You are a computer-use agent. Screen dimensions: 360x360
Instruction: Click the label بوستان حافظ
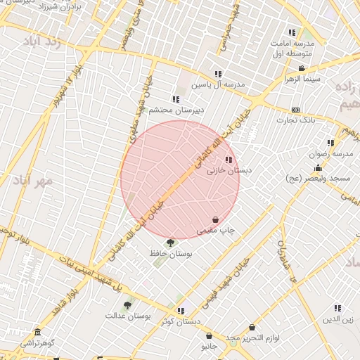coord(172,253)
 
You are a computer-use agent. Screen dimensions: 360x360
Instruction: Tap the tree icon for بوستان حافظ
coord(170,243)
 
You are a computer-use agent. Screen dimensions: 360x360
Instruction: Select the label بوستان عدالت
coord(129,316)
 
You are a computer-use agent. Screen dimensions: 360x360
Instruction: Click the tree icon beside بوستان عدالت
coord(127,305)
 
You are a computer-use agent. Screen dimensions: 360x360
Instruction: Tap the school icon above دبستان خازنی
coord(228,160)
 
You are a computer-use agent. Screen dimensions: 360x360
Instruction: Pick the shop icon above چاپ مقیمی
coord(215,220)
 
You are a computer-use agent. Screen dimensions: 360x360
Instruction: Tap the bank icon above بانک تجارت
coord(295,110)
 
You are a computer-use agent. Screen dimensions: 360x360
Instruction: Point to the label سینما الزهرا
coord(302,79)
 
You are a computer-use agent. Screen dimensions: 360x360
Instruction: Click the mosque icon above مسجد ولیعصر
coord(318,167)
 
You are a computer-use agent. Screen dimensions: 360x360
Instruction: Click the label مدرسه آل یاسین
coord(220,84)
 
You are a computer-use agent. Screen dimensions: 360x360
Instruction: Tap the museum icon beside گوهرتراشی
coord(37,332)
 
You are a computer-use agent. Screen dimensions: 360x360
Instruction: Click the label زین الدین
coord(337,319)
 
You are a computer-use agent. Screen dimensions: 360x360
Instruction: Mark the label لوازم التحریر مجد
coord(252,338)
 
